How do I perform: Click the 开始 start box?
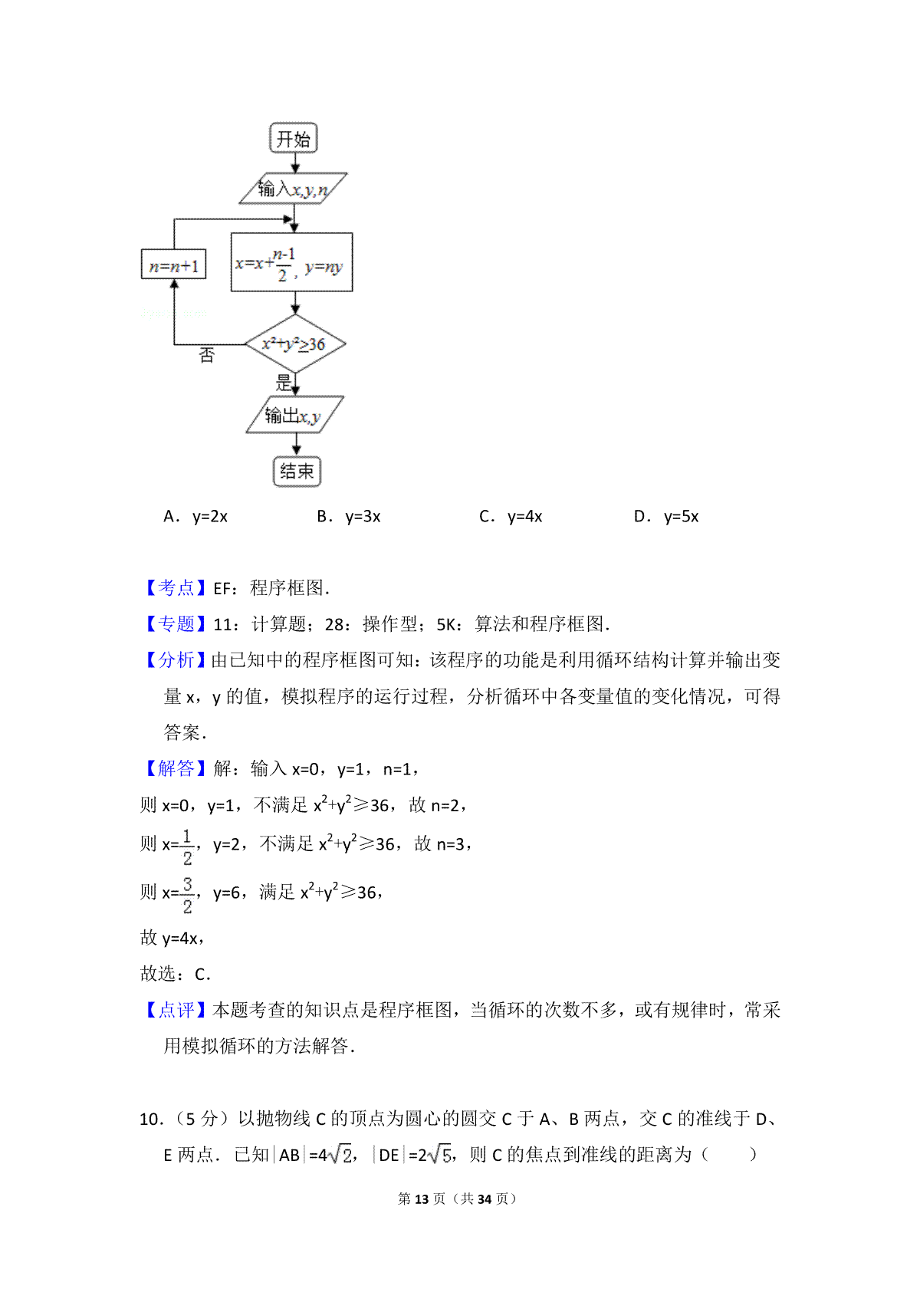click(x=293, y=138)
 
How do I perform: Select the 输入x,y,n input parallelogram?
click(x=293, y=189)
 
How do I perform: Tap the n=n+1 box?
click(x=174, y=265)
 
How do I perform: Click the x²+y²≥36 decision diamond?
click(x=295, y=344)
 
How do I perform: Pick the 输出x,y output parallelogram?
click(x=294, y=415)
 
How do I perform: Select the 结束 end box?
click(x=297, y=472)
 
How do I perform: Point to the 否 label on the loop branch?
click(x=206, y=355)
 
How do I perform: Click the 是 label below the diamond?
click(x=283, y=383)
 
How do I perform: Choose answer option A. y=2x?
click(x=195, y=517)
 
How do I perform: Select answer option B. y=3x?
click(x=349, y=517)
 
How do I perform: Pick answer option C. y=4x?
click(x=511, y=517)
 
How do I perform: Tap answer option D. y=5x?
click(x=666, y=517)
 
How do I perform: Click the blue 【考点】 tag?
click(x=175, y=587)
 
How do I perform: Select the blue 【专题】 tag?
click(x=175, y=623)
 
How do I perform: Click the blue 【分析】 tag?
click(x=175, y=659)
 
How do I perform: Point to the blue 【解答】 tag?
click(x=175, y=768)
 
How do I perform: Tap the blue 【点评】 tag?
click(x=175, y=1010)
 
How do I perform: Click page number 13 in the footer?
click(x=422, y=1198)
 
